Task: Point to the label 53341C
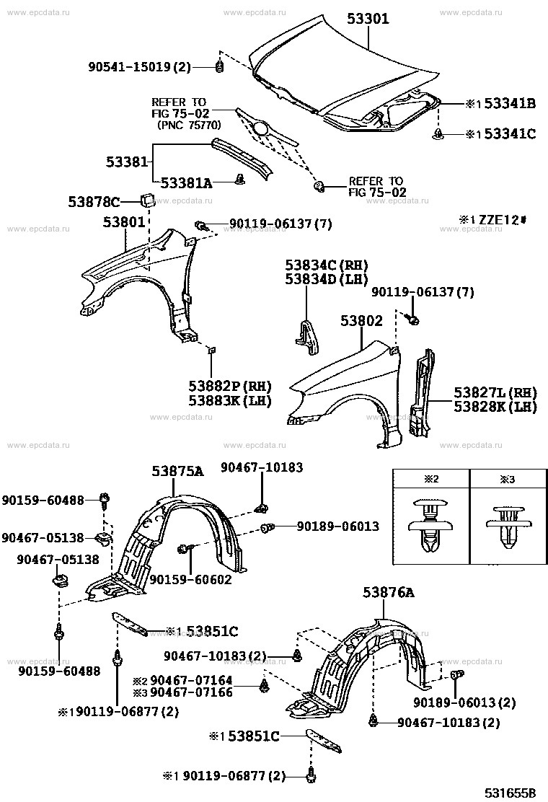click(x=509, y=133)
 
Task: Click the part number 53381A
click(x=186, y=183)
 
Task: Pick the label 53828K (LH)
click(x=495, y=407)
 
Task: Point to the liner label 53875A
click(x=177, y=472)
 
